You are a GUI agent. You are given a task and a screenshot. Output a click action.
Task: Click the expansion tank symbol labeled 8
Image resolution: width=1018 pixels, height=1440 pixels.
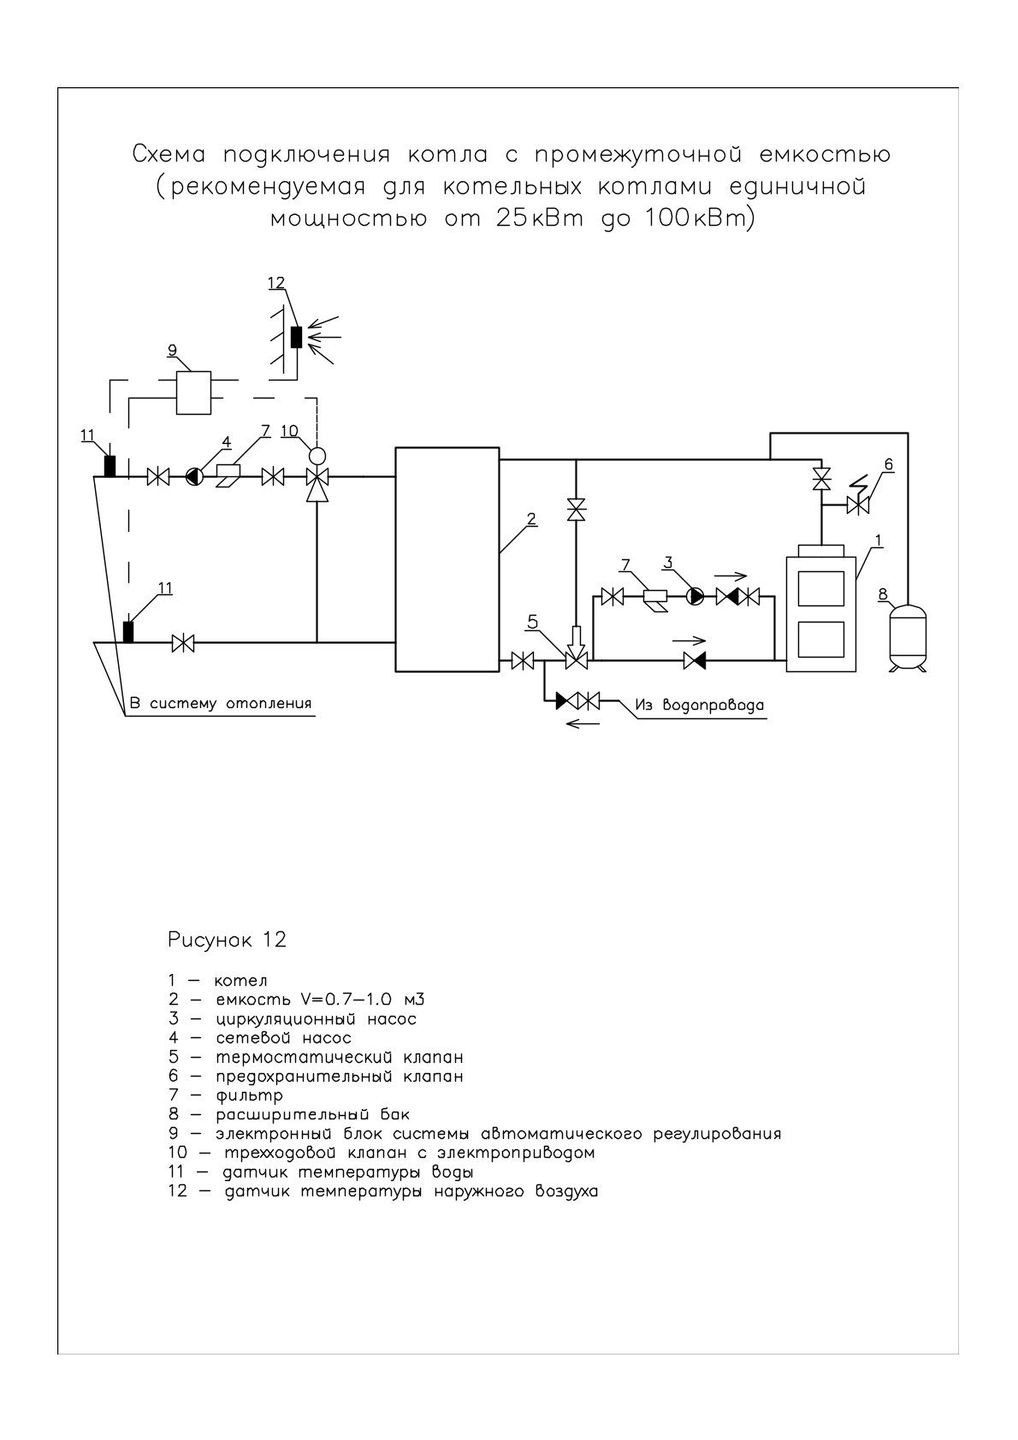(x=908, y=636)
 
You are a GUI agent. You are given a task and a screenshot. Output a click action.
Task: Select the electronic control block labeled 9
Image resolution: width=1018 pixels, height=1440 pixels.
(x=193, y=392)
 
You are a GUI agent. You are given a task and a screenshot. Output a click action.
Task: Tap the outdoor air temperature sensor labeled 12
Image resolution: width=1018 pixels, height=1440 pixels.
(x=296, y=337)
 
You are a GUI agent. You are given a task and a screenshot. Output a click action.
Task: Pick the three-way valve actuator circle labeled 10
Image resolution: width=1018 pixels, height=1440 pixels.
(x=317, y=455)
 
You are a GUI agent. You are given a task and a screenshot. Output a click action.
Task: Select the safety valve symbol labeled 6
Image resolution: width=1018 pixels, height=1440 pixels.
(x=858, y=505)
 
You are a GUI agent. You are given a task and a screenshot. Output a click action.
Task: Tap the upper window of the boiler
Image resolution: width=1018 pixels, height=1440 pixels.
(x=820, y=588)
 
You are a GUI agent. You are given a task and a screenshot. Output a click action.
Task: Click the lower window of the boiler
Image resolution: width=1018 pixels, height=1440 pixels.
(x=820, y=639)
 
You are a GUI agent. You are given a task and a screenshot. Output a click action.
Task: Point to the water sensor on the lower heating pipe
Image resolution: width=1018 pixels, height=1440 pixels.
(x=128, y=631)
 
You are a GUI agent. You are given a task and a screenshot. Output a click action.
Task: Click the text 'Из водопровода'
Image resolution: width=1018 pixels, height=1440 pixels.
(x=700, y=705)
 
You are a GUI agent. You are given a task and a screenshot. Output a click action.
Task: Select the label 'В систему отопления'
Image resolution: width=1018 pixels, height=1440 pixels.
(x=221, y=703)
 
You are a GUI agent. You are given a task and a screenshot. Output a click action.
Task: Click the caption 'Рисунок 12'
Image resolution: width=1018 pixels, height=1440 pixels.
(x=227, y=940)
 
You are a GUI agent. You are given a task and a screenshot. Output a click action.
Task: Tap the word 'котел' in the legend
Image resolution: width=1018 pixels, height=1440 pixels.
(x=240, y=981)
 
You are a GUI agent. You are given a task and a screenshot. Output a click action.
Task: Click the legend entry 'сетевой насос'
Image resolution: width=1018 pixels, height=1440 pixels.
(x=284, y=1037)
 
